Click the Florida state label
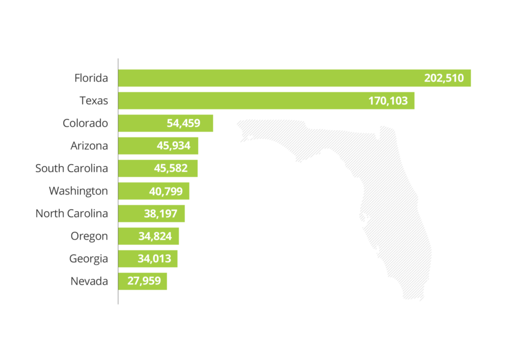pyautogui.click(x=91, y=78)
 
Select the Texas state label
pyautogui.click(x=94, y=101)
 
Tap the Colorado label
pyautogui.click(x=85, y=123)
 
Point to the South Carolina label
pyautogui.click(x=72, y=169)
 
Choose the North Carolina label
pyautogui.click(x=72, y=214)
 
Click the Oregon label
pyautogui.click(x=89, y=236)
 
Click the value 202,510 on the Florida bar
pyautogui.click(x=444, y=78)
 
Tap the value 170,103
pyautogui.click(x=388, y=101)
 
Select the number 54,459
pyautogui.click(x=183, y=123)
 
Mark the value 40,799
pyautogui.click(x=165, y=191)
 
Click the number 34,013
pyautogui.click(x=154, y=258)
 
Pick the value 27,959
pyautogui.click(x=144, y=281)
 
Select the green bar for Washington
pyautogui.click(x=133, y=191)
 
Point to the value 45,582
pyautogui.click(x=171, y=169)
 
